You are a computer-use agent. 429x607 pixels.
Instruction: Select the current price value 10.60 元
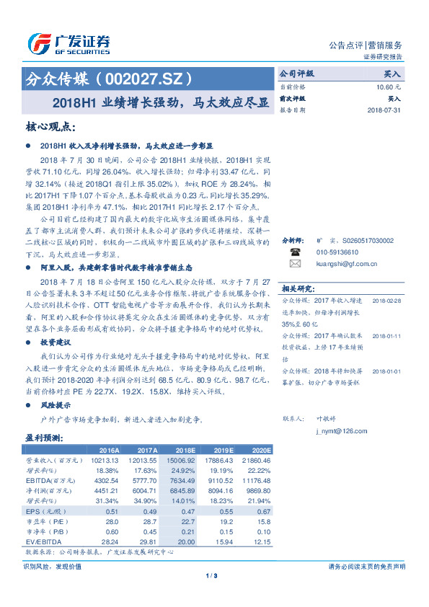click(388, 87)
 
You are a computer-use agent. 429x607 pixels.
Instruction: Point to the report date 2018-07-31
click(384, 110)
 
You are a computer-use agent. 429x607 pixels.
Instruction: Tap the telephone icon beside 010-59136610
click(295, 273)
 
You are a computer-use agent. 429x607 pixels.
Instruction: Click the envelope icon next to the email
click(295, 284)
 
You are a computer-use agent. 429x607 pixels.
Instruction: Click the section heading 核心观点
click(50, 127)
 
